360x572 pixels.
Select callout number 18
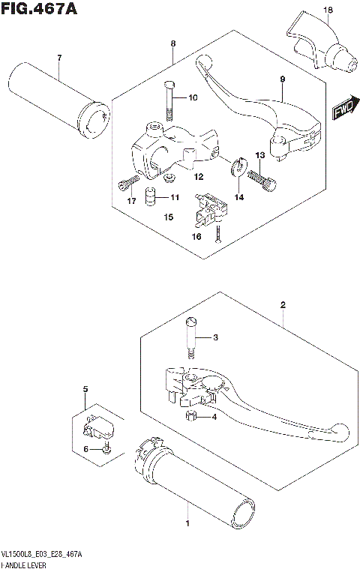[x=327, y=10]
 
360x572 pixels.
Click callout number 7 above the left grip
[x=58, y=58]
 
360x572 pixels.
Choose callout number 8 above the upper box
[x=173, y=44]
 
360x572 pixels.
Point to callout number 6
[x=85, y=449]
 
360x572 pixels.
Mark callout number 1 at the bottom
[x=187, y=527]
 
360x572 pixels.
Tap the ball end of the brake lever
[x=341, y=432]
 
